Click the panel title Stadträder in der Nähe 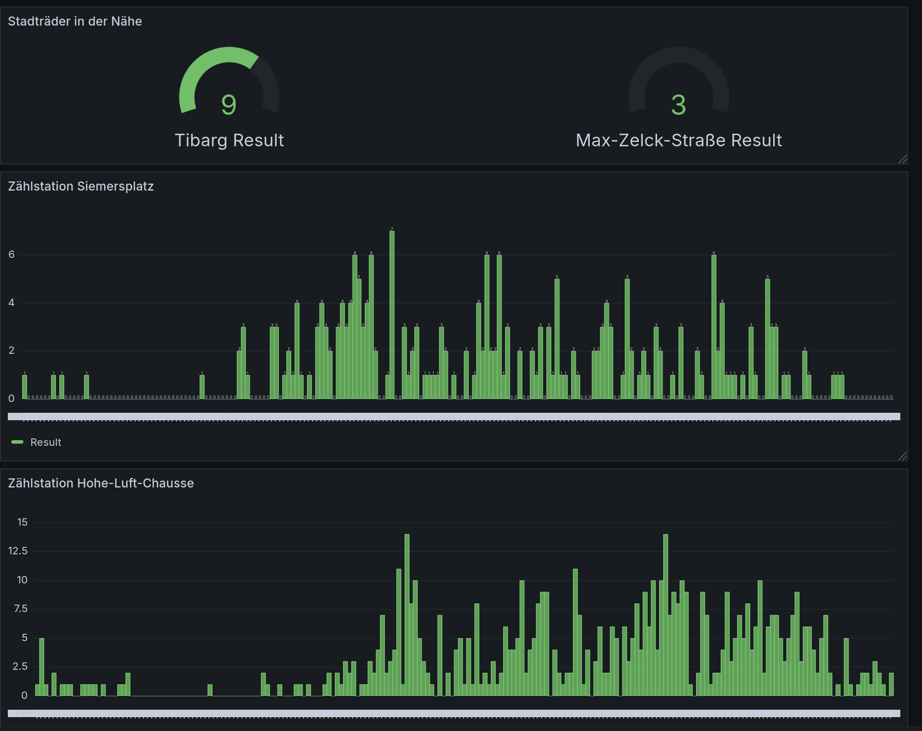(x=75, y=21)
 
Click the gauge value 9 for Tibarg (x=229, y=105)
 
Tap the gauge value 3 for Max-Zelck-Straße (x=679, y=105)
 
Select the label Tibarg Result (x=229, y=140)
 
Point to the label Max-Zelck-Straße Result (x=679, y=140)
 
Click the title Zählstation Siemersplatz (x=81, y=186)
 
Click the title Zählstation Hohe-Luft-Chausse (x=101, y=483)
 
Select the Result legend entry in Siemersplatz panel (x=46, y=442)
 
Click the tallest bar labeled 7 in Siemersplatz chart (x=392, y=313)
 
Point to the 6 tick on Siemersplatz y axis (x=12, y=254)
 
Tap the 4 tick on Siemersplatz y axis (x=12, y=303)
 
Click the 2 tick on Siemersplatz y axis (x=12, y=350)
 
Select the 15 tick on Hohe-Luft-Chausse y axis (x=22, y=522)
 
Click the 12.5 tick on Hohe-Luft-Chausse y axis (x=18, y=551)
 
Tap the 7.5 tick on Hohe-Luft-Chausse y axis (x=20, y=609)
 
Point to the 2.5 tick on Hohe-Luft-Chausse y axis (x=20, y=666)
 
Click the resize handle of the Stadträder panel (x=902, y=159)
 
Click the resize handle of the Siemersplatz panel (x=902, y=456)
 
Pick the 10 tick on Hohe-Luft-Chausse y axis (x=22, y=580)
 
